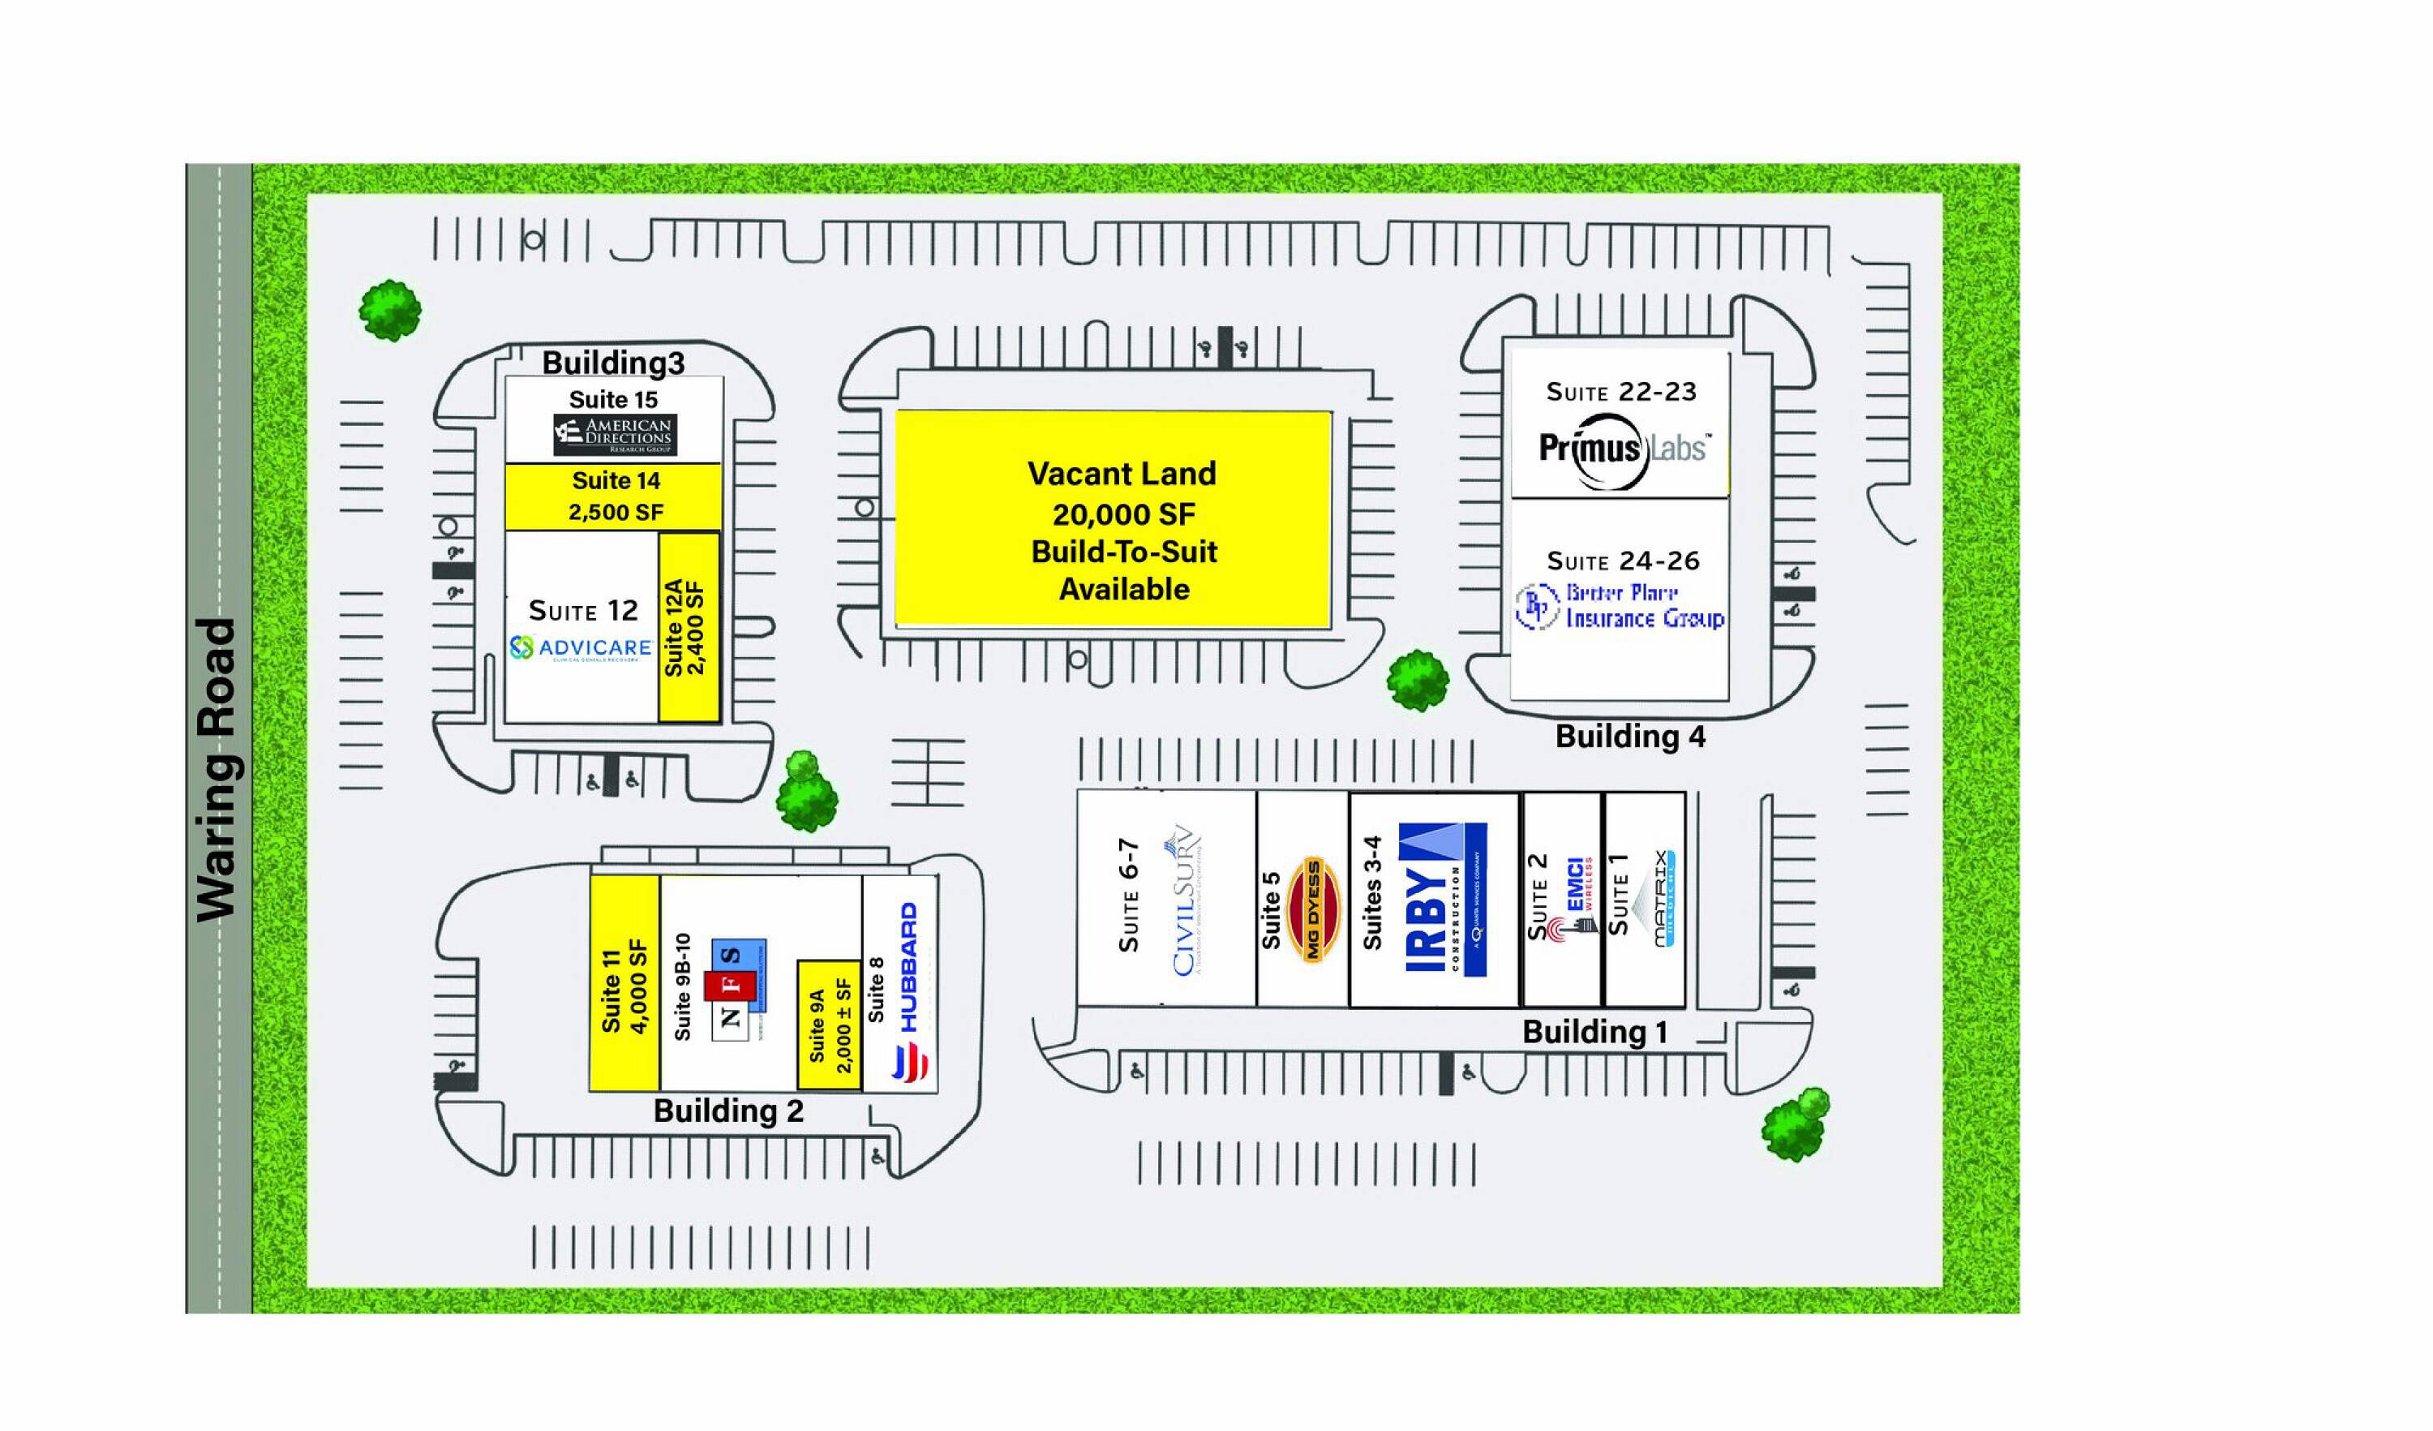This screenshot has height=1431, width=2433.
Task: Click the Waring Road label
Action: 217,770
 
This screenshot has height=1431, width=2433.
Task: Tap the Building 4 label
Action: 1630,737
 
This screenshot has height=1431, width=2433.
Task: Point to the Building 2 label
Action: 728,1111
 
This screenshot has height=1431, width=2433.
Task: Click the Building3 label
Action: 613,363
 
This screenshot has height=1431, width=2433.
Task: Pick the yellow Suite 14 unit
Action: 614,496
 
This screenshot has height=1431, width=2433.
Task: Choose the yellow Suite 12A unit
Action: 689,628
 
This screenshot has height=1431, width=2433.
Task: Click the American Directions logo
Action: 615,436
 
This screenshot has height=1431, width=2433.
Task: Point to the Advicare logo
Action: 581,648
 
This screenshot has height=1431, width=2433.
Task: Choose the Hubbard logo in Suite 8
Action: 908,995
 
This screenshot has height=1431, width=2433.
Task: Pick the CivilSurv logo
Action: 1186,901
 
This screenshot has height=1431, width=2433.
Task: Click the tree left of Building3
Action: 390,310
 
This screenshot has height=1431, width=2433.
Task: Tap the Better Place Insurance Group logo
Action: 1621,606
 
